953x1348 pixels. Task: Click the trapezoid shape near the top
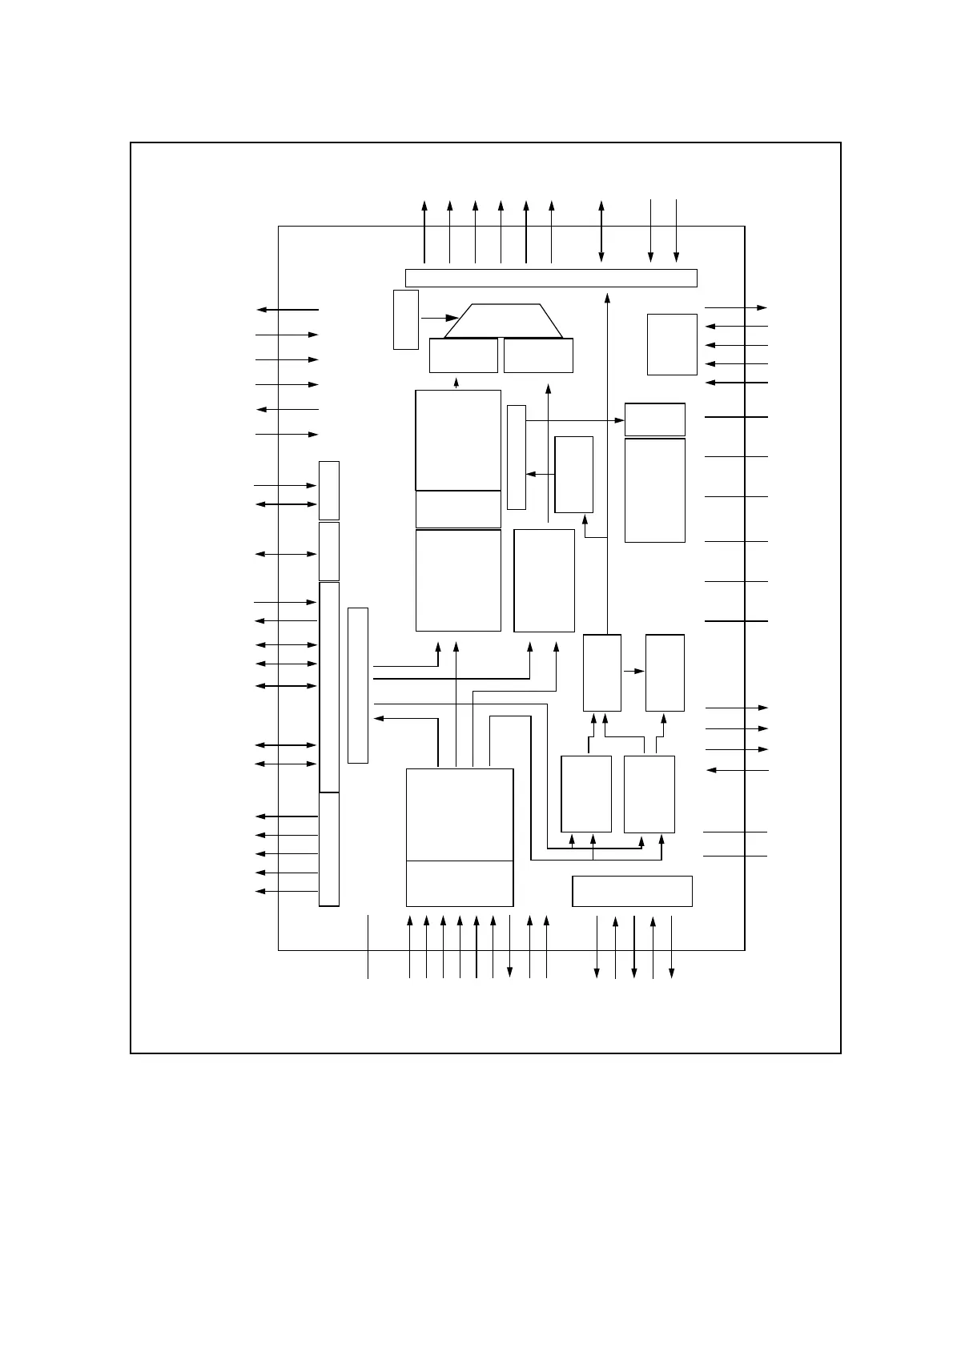(504, 321)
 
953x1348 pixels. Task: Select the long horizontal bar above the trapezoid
(551, 278)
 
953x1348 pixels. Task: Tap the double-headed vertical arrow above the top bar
(601, 232)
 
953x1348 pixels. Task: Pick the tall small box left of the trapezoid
(406, 319)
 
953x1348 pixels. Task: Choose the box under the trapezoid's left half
(463, 355)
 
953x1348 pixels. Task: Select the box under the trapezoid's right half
(538, 355)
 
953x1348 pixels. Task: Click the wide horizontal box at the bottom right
(632, 891)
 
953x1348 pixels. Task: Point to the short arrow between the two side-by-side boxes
(633, 671)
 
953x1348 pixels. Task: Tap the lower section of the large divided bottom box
(460, 884)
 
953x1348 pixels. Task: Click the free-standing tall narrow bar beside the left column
(358, 685)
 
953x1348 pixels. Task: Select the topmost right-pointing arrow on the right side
(736, 307)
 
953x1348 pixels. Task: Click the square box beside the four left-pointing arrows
(672, 344)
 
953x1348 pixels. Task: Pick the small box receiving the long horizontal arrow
(654, 419)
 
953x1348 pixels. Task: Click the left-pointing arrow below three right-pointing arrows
(737, 770)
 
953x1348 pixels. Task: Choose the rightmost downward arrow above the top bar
(677, 232)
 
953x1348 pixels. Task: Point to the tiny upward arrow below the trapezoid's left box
(456, 382)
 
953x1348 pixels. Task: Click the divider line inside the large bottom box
(460, 861)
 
